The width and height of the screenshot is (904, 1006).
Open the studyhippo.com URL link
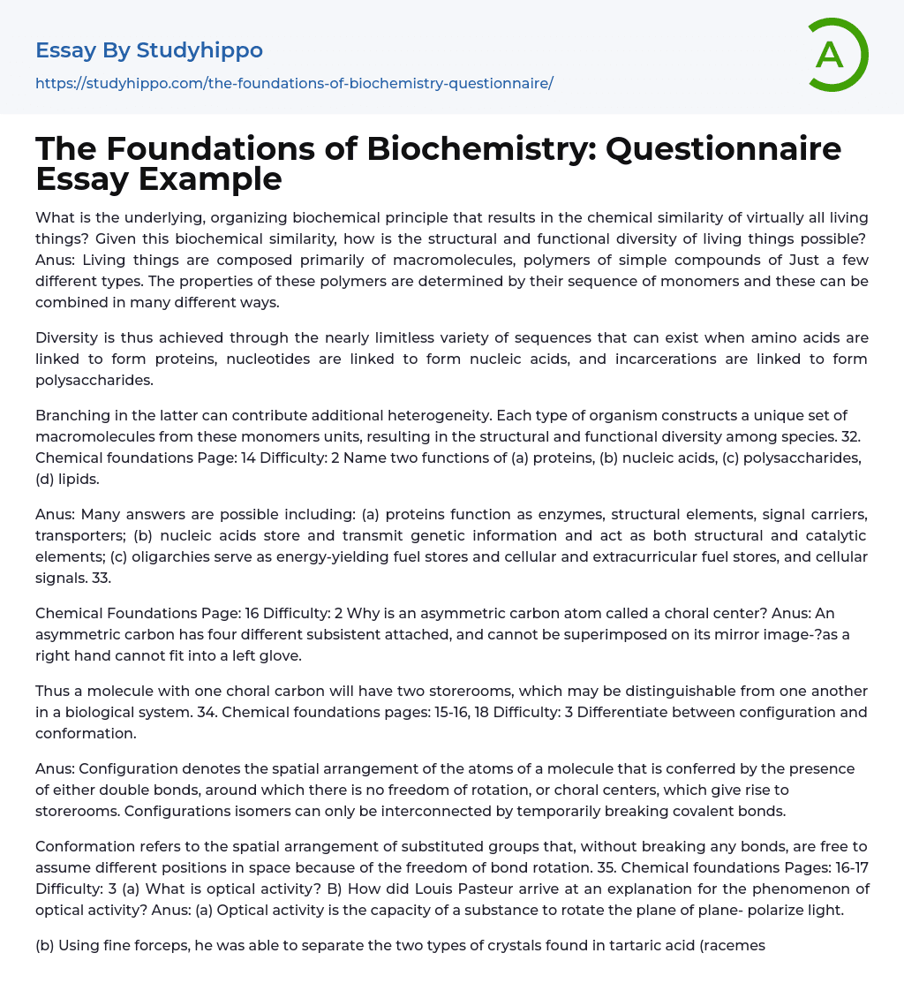[x=294, y=83]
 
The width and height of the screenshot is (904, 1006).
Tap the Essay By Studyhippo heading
[x=149, y=50]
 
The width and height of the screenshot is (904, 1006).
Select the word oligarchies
[x=154, y=556]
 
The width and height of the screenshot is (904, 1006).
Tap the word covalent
[x=670, y=810]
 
